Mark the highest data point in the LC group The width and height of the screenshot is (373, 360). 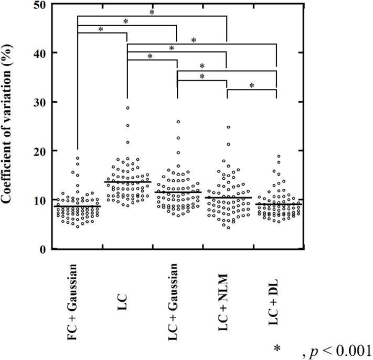pyautogui.click(x=127, y=108)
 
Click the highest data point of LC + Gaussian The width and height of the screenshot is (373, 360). pyautogui.click(x=178, y=122)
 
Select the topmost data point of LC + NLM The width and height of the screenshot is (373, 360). pyautogui.click(x=228, y=127)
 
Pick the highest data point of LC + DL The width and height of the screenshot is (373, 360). pyautogui.click(x=279, y=156)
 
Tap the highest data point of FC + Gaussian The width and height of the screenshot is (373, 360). pyautogui.click(x=77, y=158)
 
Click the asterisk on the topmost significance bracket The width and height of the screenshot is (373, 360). pyautogui.click(x=152, y=12)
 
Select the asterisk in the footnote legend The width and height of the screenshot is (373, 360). pyautogui.click(x=276, y=348)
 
